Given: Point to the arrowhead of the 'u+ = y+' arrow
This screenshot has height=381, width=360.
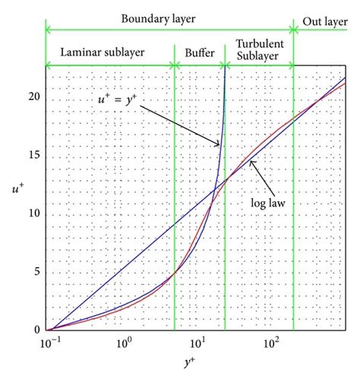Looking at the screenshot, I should (221, 145).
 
